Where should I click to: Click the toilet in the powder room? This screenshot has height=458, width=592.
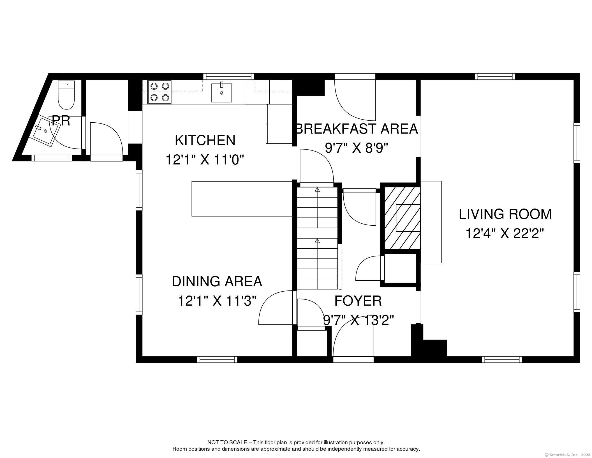[66, 95]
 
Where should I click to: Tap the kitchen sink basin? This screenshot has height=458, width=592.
[221, 93]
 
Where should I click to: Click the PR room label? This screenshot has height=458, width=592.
[61, 121]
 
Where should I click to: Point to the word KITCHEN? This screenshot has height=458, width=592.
[205, 140]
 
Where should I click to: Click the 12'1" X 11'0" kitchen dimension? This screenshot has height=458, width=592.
[205, 160]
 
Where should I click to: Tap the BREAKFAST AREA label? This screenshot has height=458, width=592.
[357, 129]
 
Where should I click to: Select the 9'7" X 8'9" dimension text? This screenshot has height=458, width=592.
[356, 148]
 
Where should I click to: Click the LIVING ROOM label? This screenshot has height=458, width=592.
[505, 214]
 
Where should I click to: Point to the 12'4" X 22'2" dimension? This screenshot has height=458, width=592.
[505, 233]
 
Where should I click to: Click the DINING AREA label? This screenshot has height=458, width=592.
[217, 281]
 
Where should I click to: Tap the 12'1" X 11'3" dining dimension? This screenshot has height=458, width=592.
[217, 301]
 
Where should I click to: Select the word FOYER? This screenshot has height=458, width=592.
[358, 301]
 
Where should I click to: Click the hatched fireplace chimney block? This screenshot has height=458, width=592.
[402, 218]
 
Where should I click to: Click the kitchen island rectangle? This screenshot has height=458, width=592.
[242, 199]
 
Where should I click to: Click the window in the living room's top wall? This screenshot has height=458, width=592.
[495, 77]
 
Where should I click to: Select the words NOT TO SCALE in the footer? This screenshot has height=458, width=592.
[227, 443]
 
